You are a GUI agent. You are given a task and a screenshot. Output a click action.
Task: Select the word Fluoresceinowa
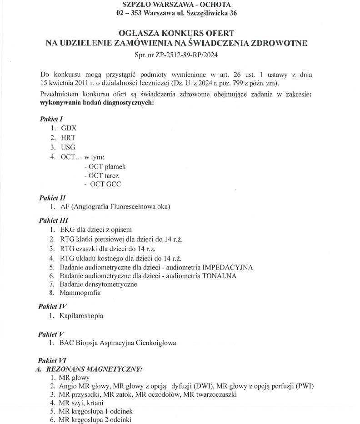coord(126,207)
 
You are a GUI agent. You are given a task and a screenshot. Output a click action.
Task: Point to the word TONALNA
coord(220,275)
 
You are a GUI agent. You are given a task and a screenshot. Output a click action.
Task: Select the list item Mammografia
coord(80,293)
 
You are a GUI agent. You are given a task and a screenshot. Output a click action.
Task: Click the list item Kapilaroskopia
coord(81,315)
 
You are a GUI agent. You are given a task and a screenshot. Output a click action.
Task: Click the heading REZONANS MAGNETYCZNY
coord(93,369)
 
